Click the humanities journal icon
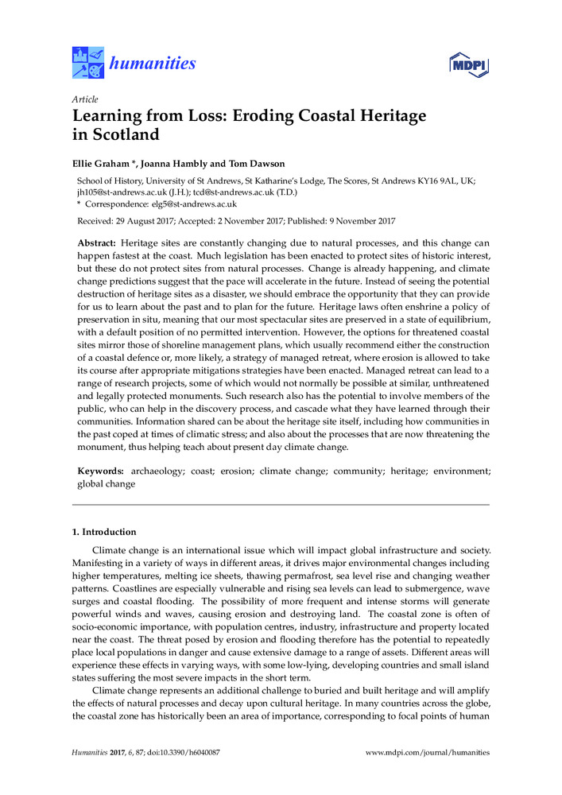[x=87, y=63]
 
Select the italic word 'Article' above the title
[x=85, y=99]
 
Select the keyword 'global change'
[x=106, y=483]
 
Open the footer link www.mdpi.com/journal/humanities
[x=427, y=752]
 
